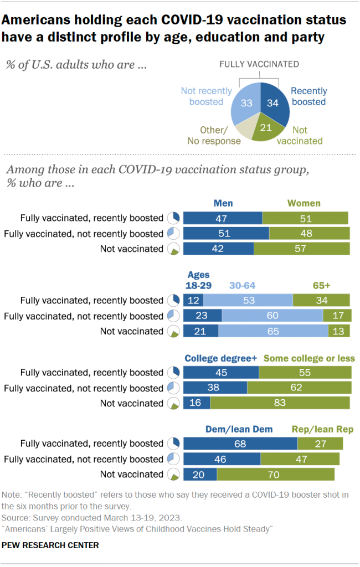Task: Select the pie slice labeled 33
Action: [x=246, y=102]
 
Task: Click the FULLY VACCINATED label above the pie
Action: [x=259, y=64]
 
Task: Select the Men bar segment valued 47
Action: [x=223, y=218]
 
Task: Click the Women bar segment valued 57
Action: [x=302, y=249]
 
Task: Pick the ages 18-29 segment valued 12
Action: [x=193, y=301]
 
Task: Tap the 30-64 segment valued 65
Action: [x=273, y=331]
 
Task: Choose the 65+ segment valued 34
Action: [x=321, y=301]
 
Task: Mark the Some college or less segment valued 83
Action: [x=280, y=403]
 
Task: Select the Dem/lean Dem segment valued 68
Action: [x=240, y=444]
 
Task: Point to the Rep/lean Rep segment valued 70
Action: [x=276, y=475]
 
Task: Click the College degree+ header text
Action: [x=221, y=358]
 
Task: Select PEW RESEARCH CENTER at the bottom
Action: [x=50, y=545]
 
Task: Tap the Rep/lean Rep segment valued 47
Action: [x=300, y=459]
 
